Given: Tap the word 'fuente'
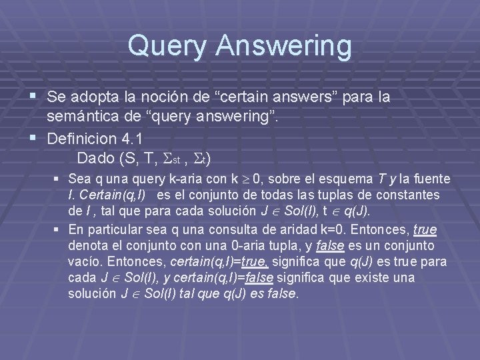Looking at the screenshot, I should coord(431,179).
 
